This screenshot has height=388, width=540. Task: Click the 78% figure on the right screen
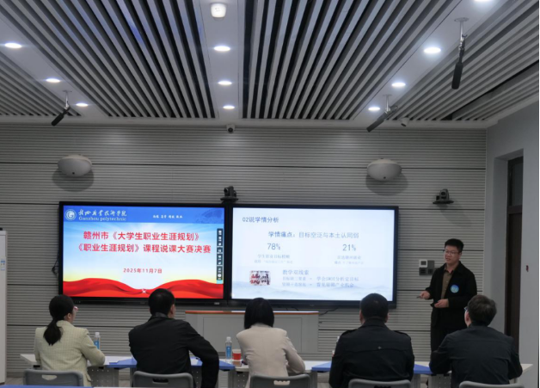click(274, 246)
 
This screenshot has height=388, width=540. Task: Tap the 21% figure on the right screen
click(349, 247)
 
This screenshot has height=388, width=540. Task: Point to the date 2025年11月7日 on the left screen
click(142, 269)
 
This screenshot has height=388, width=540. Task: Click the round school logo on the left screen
click(70, 214)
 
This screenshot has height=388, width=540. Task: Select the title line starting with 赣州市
click(144, 236)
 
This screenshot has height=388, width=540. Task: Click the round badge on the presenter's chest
click(454, 288)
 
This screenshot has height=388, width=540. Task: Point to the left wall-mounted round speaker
click(75, 166)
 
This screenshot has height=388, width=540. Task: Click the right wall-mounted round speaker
click(384, 169)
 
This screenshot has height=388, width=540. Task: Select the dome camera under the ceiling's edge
click(230, 128)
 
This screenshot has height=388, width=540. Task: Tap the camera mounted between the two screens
click(229, 194)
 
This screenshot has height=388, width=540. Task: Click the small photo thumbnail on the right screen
click(259, 277)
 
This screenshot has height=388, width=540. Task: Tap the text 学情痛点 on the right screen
click(283, 233)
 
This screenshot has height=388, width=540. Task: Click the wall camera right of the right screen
click(443, 197)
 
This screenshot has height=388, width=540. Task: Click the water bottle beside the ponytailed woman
click(97, 341)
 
